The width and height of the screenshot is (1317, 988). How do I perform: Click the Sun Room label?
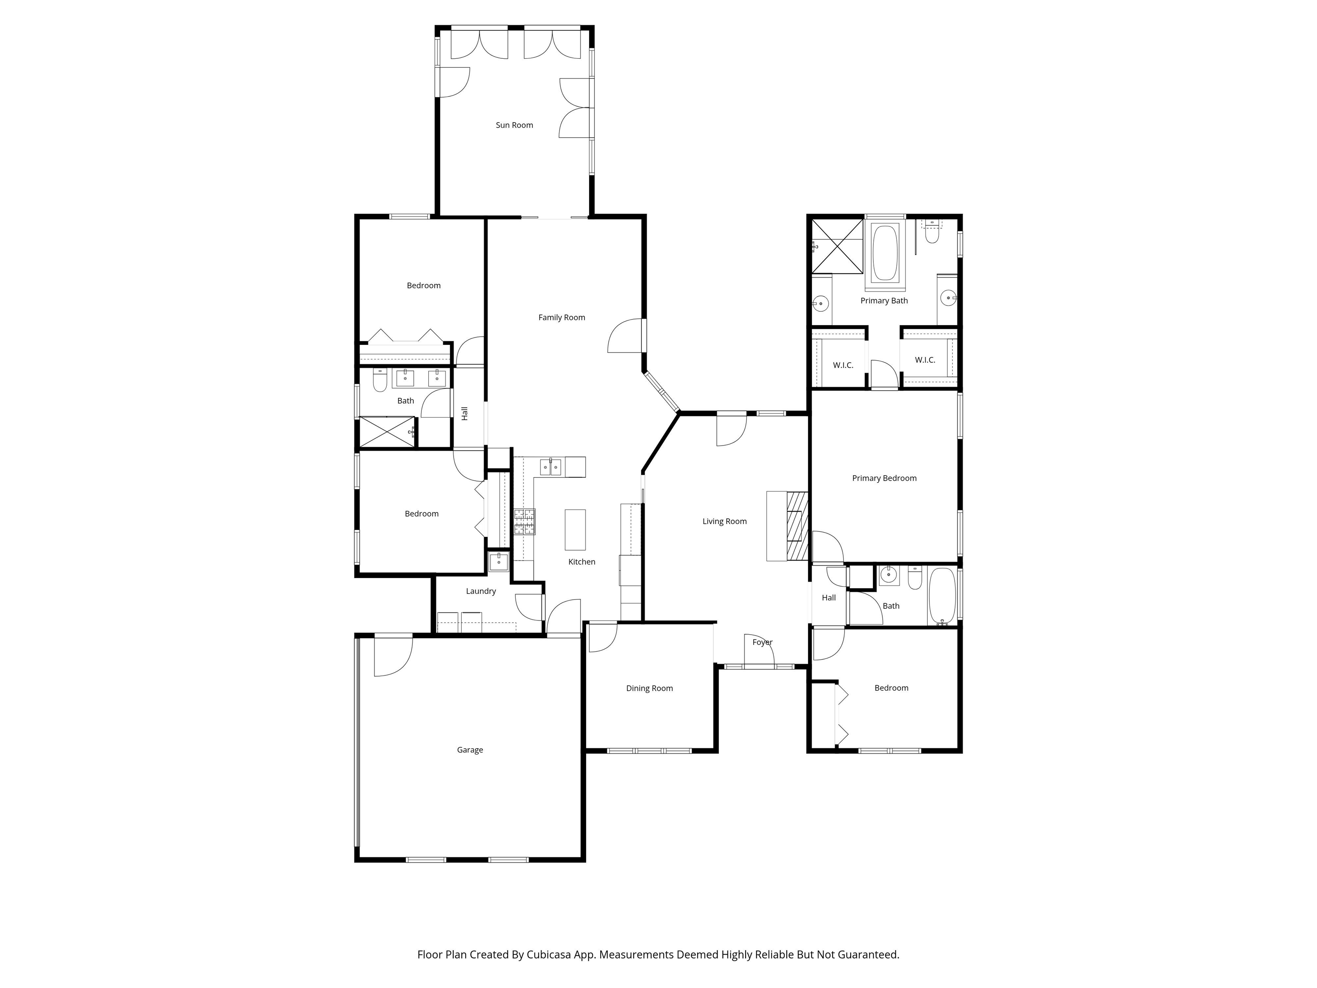pyautogui.click(x=514, y=125)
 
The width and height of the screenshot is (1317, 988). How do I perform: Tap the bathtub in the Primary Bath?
pyautogui.click(x=885, y=253)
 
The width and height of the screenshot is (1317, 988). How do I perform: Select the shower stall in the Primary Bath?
pyautogui.click(x=837, y=246)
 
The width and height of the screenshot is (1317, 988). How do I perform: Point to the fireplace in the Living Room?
pyautogui.click(x=797, y=526)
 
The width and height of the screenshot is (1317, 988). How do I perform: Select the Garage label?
pyautogui.click(x=470, y=750)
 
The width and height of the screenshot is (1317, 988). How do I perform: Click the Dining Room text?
pyautogui.click(x=649, y=688)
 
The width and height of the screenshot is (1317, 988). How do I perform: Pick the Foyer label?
pyautogui.click(x=762, y=642)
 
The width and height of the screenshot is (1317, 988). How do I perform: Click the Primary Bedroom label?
pyautogui.click(x=884, y=478)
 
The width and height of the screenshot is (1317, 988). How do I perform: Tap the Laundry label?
pyautogui.click(x=481, y=591)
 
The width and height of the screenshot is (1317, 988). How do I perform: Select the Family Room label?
pyautogui.click(x=562, y=317)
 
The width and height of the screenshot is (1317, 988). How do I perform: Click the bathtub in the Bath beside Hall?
pyautogui.click(x=942, y=596)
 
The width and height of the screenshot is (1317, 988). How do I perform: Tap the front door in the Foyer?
pyautogui.click(x=759, y=651)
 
